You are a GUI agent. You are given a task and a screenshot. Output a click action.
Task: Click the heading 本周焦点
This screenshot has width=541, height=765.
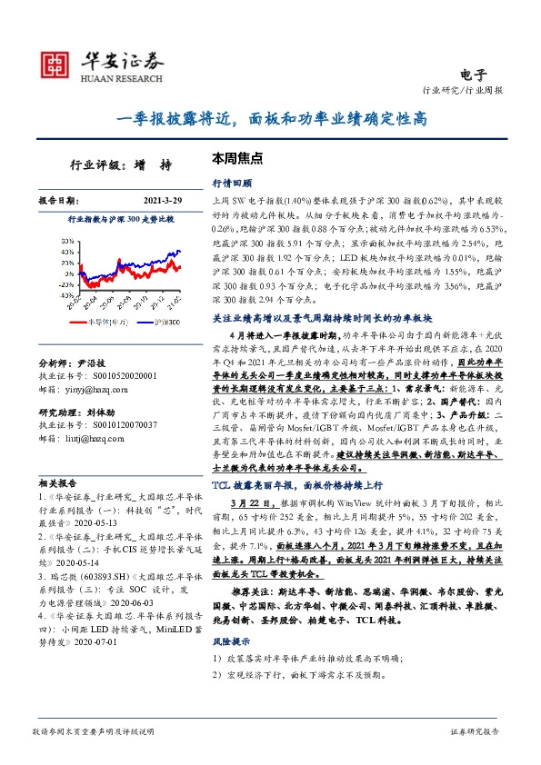tap(237, 157)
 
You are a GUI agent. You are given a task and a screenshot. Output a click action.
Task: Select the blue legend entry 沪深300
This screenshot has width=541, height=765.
tap(167, 322)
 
